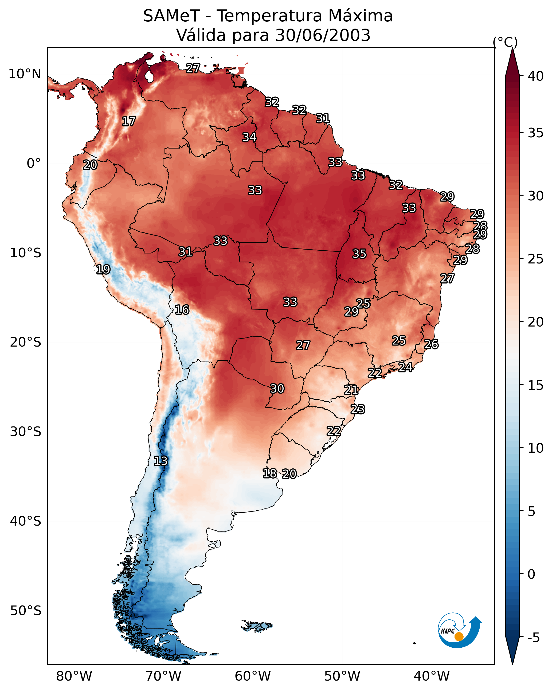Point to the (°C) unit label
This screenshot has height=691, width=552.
click(x=505, y=42)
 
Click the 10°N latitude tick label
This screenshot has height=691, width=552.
click(x=25, y=74)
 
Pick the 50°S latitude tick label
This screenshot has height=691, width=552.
click(x=26, y=611)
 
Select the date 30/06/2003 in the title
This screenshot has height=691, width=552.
click(x=323, y=35)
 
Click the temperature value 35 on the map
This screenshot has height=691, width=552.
click(x=359, y=254)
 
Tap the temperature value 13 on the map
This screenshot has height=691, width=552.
click(x=160, y=461)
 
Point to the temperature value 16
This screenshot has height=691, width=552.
click(x=182, y=310)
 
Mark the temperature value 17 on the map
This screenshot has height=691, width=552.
click(x=129, y=122)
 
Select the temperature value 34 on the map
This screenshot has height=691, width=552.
click(x=249, y=137)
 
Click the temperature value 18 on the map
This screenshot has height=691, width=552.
click(x=269, y=473)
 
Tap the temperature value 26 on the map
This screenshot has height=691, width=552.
click(x=431, y=344)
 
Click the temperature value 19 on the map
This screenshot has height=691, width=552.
click(x=103, y=269)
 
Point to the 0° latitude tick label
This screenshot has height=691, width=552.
click(x=34, y=164)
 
